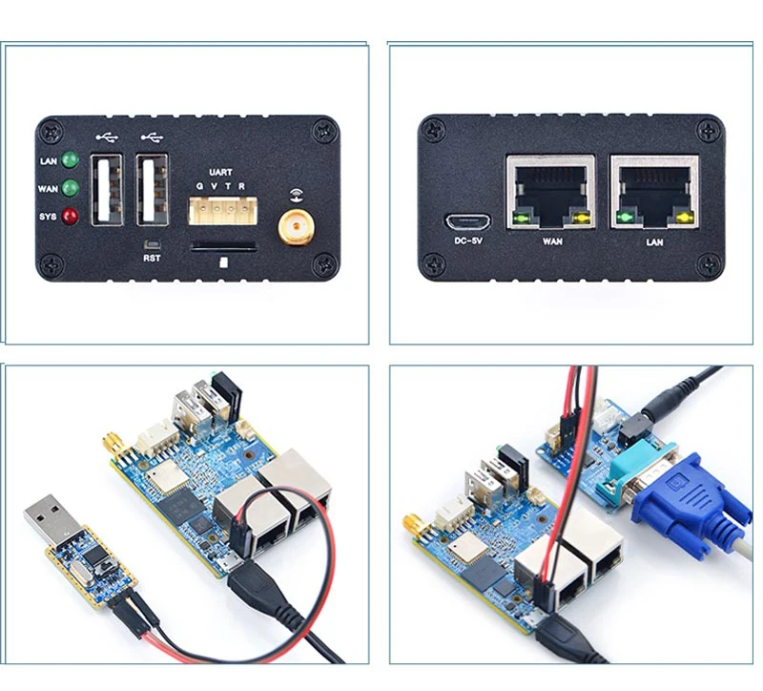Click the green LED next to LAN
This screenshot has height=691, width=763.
tap(70, 160)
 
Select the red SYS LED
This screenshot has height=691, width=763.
tap(70, 216)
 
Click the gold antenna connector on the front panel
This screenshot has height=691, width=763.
tap(293, 226)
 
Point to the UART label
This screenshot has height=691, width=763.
tap(219, 173)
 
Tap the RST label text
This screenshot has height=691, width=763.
tap(152, 258)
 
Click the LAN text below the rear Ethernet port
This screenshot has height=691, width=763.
tap(654, 242)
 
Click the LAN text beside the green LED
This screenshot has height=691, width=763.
tap(49, 161)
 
